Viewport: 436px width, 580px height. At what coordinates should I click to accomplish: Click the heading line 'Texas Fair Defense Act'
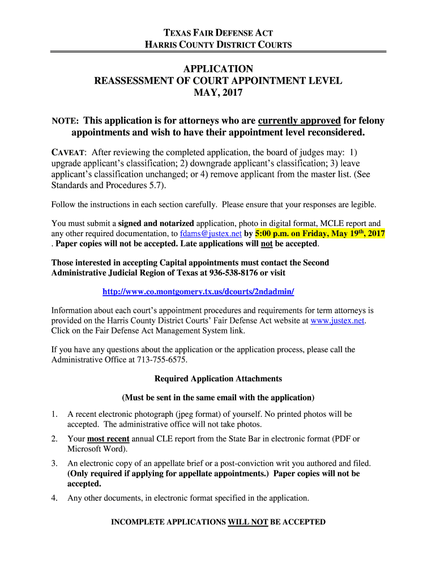point(218,33)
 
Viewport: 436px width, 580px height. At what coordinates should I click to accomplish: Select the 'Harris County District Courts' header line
point(218,45)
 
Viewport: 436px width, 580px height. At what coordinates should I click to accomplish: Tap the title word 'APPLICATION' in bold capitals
point(218,69)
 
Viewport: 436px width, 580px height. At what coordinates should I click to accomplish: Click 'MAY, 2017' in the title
point(218,93)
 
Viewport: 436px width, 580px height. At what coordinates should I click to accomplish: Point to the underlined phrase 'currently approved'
point(299,121)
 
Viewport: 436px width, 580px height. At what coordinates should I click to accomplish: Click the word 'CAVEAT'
point(68,152)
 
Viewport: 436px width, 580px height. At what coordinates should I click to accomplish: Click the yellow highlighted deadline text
point(320,233)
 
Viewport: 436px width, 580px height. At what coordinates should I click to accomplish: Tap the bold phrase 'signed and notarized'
point(156,223)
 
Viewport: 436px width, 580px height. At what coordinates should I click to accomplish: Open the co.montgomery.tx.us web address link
point(198,291)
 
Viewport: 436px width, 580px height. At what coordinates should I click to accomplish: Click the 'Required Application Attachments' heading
point(218,378)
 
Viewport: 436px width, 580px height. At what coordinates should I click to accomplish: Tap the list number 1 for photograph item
point(54,415)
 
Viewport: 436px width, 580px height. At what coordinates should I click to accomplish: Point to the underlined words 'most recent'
point(108,439)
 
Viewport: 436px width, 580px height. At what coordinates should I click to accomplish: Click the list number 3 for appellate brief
point(54,463)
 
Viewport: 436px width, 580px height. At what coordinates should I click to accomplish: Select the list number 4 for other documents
point(54,498)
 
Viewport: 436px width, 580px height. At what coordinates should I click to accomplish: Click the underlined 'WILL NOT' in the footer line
point(247,522)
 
